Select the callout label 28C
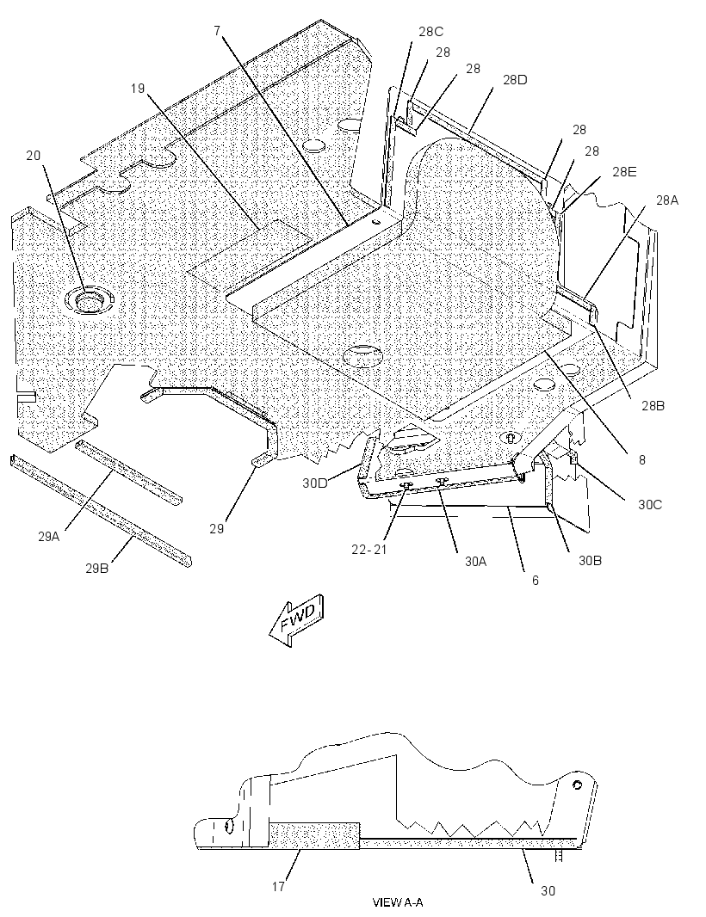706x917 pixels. point(430,32)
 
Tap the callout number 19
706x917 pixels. point(137,89)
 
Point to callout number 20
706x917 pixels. point(34,155)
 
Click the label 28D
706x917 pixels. point(515,79)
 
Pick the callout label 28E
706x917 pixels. point(624,171)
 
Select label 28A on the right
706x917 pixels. point(667,200)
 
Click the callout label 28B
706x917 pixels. point(653,405)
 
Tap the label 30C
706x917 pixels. point(650,504)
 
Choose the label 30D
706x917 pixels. point(315,483)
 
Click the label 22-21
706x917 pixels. point(369,550)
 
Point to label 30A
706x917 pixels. point(476,561)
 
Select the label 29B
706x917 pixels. point(97,567)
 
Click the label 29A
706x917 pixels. point(49,536)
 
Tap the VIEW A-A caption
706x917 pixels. point(398,902)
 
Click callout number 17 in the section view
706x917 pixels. point(279,887)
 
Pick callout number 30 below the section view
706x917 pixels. point(548,890)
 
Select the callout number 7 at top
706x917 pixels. point(217,31)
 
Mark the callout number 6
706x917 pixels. point(535,580)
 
